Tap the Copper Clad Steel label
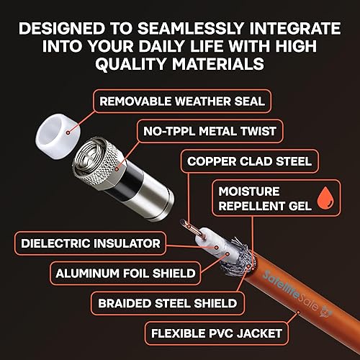pyautogui.click(x=249, y=161)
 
